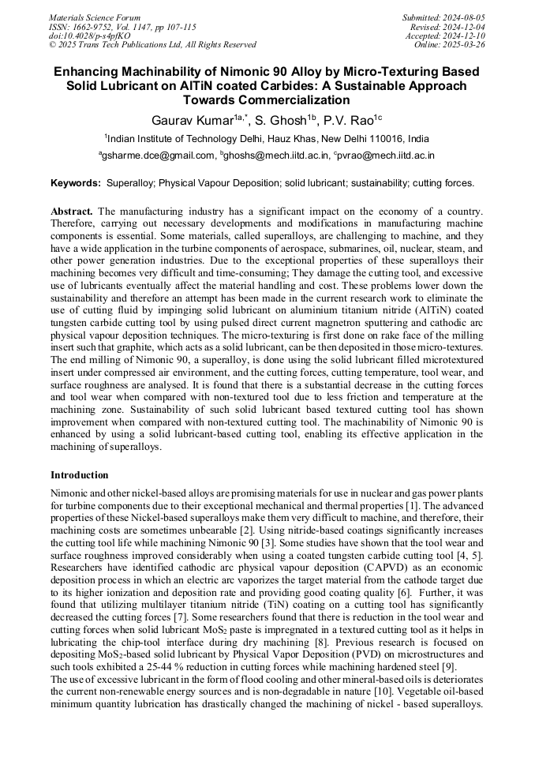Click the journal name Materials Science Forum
point(95,17)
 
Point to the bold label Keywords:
point(76,183)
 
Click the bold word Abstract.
point(72,212)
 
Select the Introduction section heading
point(80,475)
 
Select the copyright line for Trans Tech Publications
point(152,44)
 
